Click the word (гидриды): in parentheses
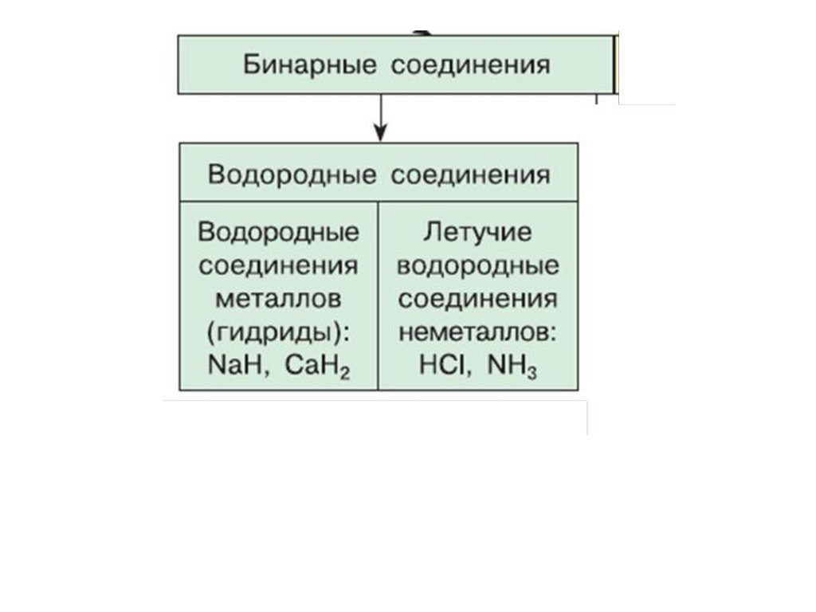[x=279, y=334]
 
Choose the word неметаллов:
[x=478, y=334]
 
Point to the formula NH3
[x=511, y=369]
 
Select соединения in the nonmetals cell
[x=478, y=300]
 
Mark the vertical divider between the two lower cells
[x=379, y=295]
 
